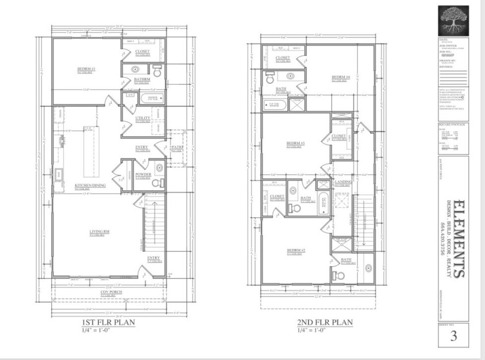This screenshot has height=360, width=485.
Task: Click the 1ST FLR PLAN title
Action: point(108,322)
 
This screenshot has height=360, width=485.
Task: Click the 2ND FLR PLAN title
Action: point(325,322)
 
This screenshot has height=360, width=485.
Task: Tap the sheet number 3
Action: point(453,336)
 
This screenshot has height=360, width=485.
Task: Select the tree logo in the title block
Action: point(453,20)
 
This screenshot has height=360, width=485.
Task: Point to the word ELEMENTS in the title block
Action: point(459,239)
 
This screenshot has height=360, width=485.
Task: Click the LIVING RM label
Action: point(96,231)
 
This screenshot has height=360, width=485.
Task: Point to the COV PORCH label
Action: point(111,292)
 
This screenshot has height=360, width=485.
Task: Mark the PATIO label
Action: point(177,147)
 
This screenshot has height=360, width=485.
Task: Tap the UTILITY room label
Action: point(142,118)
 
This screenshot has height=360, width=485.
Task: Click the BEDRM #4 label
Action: point(341,77)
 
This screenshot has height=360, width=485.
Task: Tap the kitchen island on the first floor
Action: point(91,151)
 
